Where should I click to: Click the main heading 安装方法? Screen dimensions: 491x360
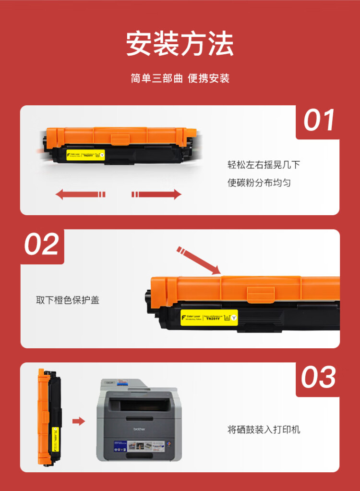point(180,44)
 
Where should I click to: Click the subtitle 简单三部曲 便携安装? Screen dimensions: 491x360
point(180,78)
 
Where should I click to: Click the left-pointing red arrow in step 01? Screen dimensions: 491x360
point(80,194)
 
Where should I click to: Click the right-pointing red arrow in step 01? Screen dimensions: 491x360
point(156,194)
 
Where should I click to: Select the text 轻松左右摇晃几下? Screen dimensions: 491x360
point(264,165)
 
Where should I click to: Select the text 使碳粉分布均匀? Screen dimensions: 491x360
point(259,183)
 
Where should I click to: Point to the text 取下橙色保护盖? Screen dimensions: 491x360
point(68,300)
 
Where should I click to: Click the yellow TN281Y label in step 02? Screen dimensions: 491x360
point(209,317)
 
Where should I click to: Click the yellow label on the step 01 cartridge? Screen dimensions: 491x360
point(85,155)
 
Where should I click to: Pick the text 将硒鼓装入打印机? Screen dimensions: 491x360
point(264,429)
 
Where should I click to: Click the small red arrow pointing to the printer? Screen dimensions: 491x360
point(78,421)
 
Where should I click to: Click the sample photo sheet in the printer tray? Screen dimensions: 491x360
point(140,448)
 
